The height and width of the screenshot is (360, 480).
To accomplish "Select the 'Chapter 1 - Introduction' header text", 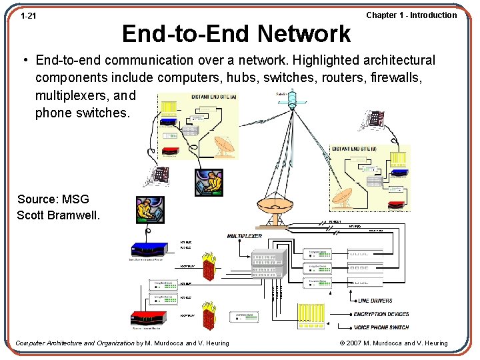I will pyautogui.click(x=411, y=15).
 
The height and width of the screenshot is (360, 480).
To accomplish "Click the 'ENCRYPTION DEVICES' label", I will pyautogui.click(x=390, y=314).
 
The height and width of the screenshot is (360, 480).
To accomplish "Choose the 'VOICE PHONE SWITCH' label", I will pyautogui.click(x=390, y=327).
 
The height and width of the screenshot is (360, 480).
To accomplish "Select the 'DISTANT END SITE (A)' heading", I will pyautogui.click(x=213, y=97).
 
